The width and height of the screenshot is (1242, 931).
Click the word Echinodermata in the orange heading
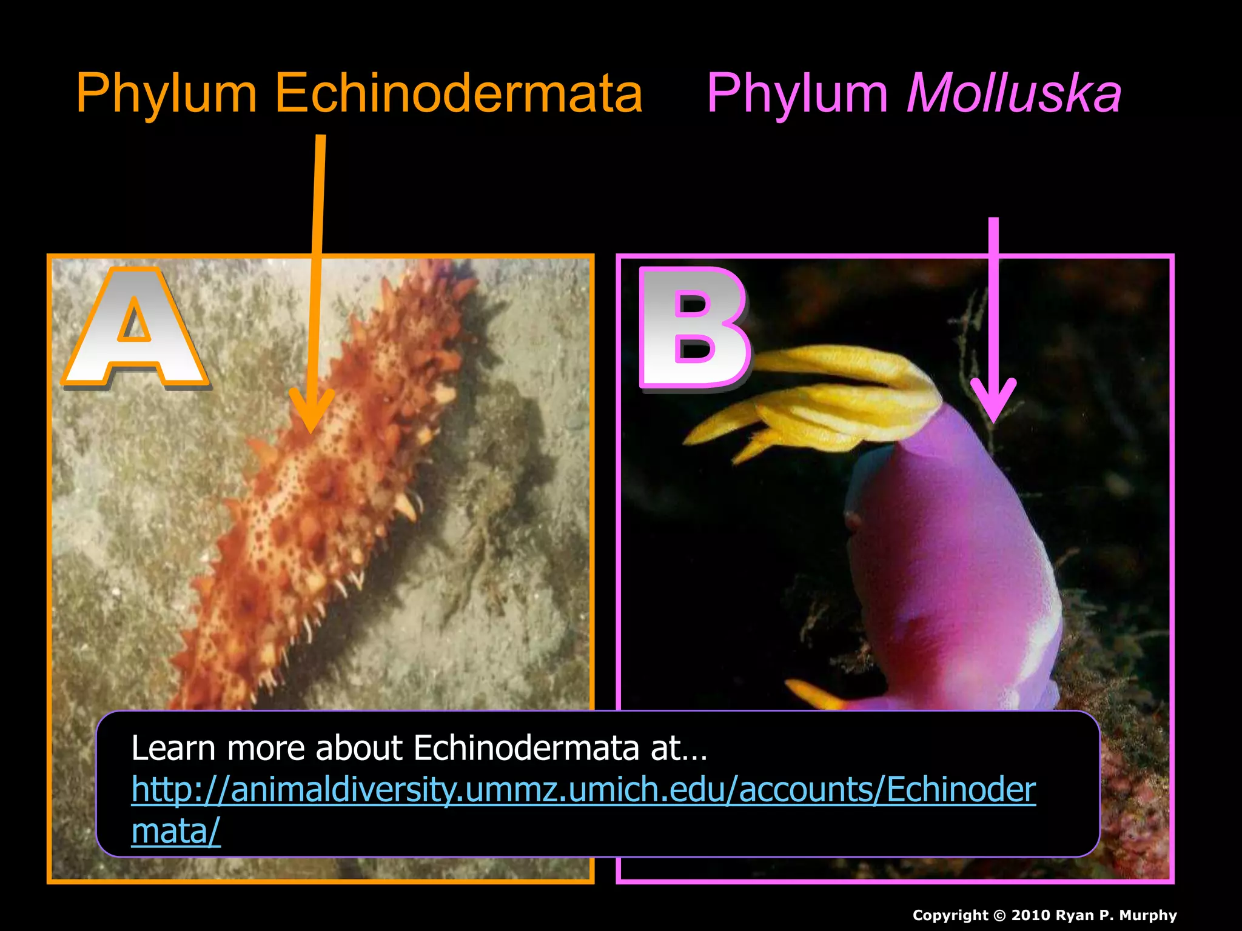coord(458,94)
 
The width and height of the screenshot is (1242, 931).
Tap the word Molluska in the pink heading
coord(1013,94)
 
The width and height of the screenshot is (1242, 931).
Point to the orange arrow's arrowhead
coord(311,412)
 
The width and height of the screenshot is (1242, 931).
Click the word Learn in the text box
coord(173,748)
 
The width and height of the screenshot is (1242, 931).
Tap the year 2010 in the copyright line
coord(1031,915)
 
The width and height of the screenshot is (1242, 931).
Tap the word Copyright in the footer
coord(950,915)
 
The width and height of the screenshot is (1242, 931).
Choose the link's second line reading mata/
coord(176,831)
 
